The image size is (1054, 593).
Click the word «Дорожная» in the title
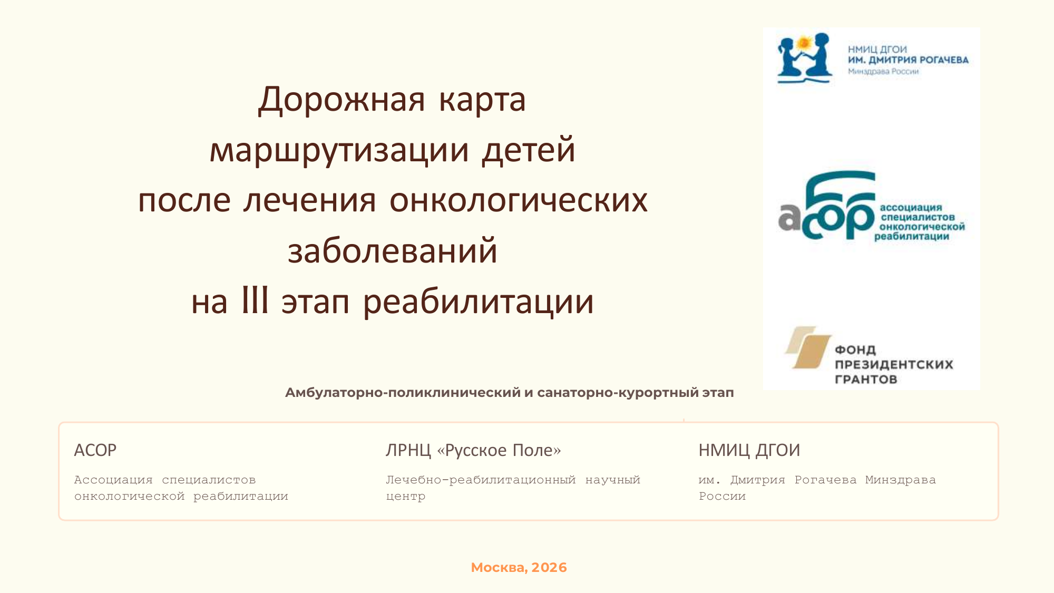pyautogui.click(x=341, y=100)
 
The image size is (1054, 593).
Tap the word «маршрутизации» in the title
pyautogui.click(x=339, y=150)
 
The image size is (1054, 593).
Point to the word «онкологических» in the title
pyautogui.click(x=519, y=200)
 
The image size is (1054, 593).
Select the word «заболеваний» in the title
pyautogui.click(x=393, y=251)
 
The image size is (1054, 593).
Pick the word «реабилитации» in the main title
pyautogui.click(x=479, y=303)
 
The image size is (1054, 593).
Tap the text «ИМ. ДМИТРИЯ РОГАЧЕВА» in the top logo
pyautogui.click(x=908, y=60)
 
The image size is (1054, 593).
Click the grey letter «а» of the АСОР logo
pyautogui.click(x=789, y=217)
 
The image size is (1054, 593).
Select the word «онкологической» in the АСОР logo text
pyautogui.click(x=922, y=227)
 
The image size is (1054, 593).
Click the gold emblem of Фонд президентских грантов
pyautogui.click(x=808, y=347)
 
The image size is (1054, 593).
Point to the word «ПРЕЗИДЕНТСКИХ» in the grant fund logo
pyautogui.click(x=894, y=364)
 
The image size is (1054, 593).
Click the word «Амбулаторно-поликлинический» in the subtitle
pyautogui.click(x=403, y=393)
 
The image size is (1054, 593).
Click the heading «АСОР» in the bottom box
pyautogui.click(x=95, y=450)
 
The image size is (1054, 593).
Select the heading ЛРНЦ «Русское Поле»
pyautogui.click(x=473, y=450)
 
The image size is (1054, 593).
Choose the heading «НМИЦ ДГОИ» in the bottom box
pyautogui.click(x=749, y=450)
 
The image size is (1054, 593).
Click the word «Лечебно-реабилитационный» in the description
pyautogui.click(x=481, y=480)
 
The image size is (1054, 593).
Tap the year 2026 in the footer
pyautogui.click(x=549, y=568)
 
